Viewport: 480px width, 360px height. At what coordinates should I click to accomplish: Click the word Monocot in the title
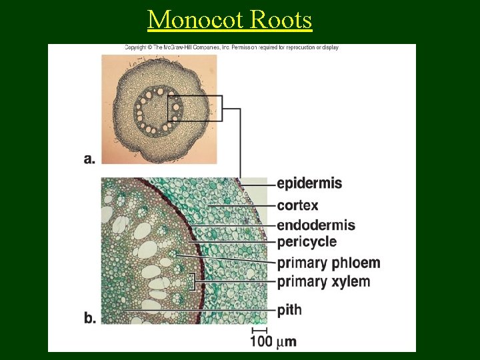coord(195,20)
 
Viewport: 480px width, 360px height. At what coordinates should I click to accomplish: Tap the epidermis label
coord(309,183)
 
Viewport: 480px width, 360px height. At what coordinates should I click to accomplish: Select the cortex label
coord(297,205)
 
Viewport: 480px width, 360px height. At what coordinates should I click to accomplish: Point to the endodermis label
coord(316,225)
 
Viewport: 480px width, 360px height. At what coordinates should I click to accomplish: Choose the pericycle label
coord(307,241)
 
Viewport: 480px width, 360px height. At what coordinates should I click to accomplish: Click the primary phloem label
coord(329,263)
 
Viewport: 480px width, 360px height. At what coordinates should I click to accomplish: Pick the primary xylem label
coord(323,281)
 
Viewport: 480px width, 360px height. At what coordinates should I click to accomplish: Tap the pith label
coord(289,310)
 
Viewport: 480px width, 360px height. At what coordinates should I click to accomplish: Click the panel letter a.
coord(90,159)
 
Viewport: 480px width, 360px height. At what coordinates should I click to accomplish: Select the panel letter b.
coord(90,318)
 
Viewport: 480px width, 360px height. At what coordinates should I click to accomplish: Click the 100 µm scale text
coord(273,342)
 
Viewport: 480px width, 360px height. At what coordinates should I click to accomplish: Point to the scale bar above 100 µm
coord(259,330)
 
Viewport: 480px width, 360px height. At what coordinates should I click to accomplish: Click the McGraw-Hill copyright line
coord(231,48)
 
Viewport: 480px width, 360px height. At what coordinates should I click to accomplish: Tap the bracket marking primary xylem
coord(193,282)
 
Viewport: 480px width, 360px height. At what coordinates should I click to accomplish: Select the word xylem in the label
coord(350,281)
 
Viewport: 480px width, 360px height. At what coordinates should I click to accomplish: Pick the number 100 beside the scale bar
coord(262,342)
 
